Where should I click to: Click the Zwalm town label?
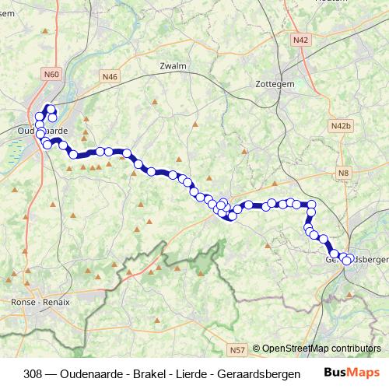pos(173,66)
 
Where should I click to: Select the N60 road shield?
pos(52,74)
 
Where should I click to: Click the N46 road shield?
pos(110,76)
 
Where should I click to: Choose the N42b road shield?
pos(341,125)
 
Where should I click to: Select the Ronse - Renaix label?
pos(40,302)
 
